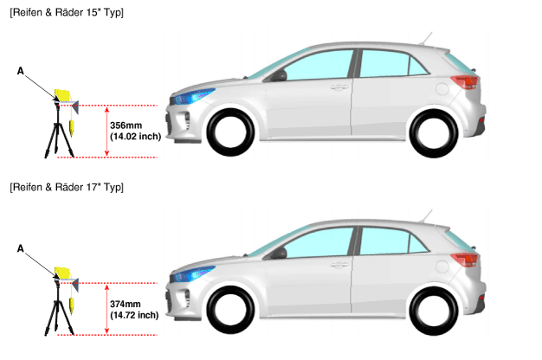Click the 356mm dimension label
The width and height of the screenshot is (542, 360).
[126, 125]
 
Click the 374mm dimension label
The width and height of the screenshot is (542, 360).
[126, 304]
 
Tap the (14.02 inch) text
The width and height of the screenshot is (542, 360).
[135, 137]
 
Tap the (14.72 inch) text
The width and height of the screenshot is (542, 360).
[134, 315]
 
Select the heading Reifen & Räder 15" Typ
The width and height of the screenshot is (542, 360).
[67, 13]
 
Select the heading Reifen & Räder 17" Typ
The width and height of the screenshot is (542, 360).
[67, 188]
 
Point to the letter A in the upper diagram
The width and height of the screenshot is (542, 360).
[21, 71]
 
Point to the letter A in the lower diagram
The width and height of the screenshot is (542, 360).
[21, 248]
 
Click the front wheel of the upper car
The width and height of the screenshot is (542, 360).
[230, 132]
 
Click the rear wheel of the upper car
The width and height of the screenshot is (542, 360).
[434, 133]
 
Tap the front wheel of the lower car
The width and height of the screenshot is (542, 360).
[230, 310]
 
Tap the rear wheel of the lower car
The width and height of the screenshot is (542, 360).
[434, 311]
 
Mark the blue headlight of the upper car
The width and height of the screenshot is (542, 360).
[194, 96]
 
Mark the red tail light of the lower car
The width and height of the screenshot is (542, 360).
[465, 260]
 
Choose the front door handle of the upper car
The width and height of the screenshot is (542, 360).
[339, 87]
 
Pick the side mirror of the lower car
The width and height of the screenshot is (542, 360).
[279, 254]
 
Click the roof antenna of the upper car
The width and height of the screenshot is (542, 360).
[425, 38]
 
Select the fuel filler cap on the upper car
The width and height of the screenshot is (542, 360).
[442, 88]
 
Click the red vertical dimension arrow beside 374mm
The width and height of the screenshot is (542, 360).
[106, 309]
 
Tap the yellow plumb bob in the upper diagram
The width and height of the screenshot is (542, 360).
[73, 128]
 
